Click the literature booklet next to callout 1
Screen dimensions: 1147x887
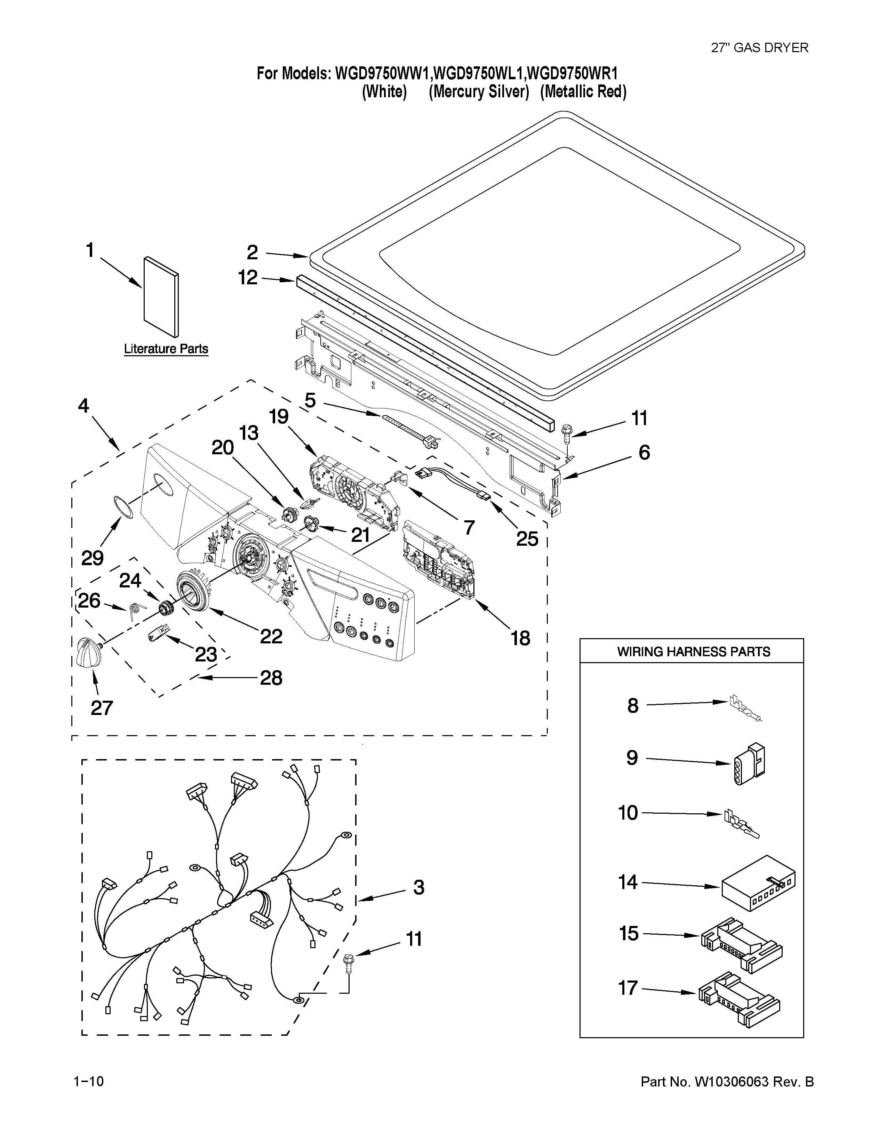[161, 297]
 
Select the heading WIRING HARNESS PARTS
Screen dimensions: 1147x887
[693, 652]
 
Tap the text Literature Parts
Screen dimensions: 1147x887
[166, 349]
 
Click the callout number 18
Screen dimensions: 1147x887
[520, 638]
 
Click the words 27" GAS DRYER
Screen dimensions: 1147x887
[759, 48]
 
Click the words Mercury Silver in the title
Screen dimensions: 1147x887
[478, 92]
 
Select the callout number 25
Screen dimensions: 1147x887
[527, 539]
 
